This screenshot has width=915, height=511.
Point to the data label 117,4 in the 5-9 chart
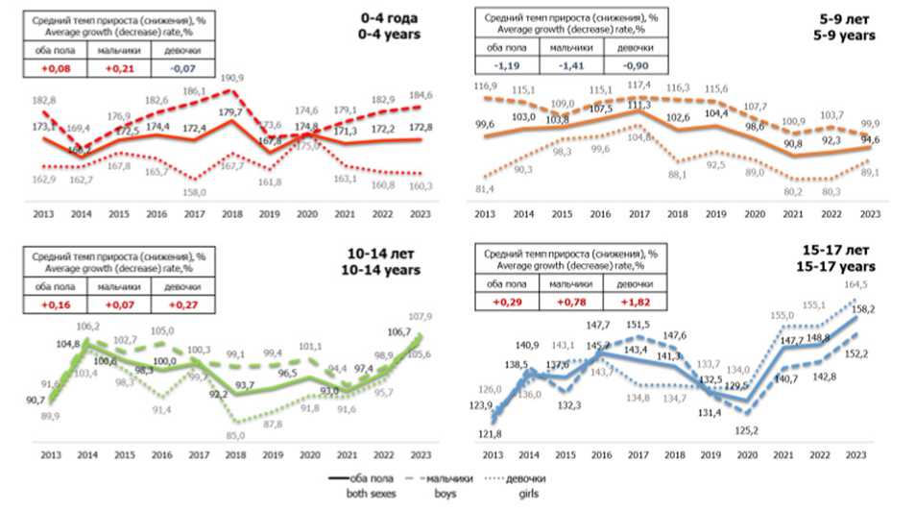[x=639, y=84]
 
